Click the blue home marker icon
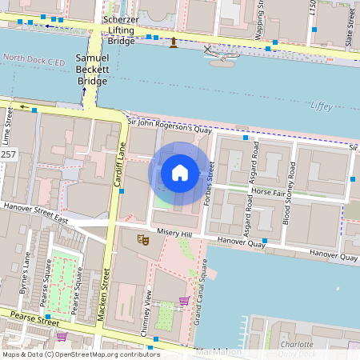(x=180, y=173)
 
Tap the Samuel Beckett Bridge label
(x=91, y=70)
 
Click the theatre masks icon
(x=143, y=238)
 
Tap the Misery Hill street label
(x=175, y=233)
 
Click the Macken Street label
(x=102, y=298)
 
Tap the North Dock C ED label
(x=33, y=58)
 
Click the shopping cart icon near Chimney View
(x=185, y=302)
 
